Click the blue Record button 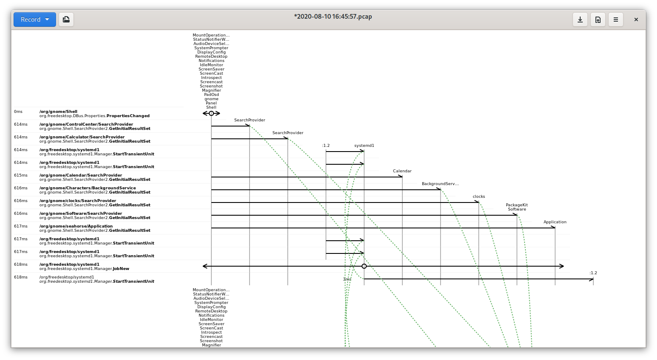pos(35,20)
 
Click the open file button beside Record pos(66,20)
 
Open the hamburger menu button pos(616,20)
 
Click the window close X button pos(636,20)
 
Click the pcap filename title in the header pos(333,17)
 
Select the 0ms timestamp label pos(18,112)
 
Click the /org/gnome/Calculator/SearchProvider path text pos(82,137)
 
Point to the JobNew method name pos(121,268)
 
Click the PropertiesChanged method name pos(128,116)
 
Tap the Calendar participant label pos(402,171)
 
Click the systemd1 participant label pos(364,146)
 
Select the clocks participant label pos(479,197)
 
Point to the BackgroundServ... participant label pos(440,184)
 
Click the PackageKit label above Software pos(517,205)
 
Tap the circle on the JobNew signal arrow pos(364,266)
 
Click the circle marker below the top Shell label pos(211,113)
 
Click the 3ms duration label pos(347,279)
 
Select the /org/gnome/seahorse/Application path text pos(76,226)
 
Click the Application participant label pos(555,222)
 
